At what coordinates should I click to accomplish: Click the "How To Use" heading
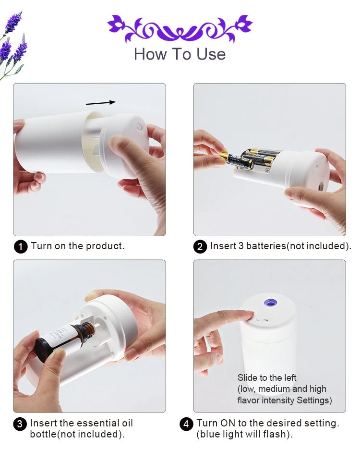(x=180, y=54)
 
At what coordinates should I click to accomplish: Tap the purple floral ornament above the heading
(x=180, y=28)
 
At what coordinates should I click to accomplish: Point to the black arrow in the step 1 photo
(x=101, y=102)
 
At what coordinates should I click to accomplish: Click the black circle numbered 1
(x=20, y=247)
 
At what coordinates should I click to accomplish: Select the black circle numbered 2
(x=200, y=247)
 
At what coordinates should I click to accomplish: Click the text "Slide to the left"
(x=267, y=377)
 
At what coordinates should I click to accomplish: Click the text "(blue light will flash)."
(x=244, y=434)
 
